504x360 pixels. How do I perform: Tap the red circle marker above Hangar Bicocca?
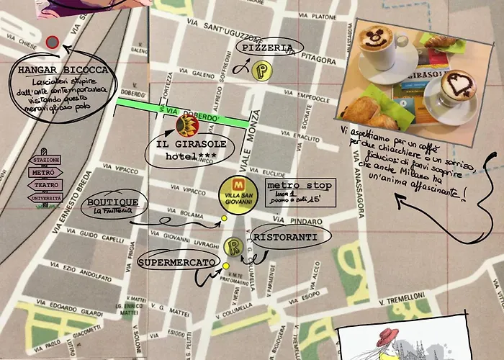(52, 42)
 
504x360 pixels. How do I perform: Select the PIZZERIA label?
(265, 48)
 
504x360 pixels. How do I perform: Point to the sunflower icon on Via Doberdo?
(186, 126)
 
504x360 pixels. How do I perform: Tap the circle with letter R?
(233, 245)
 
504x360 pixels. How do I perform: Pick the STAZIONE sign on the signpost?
(47, 160)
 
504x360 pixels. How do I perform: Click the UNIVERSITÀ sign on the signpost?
(45, 197)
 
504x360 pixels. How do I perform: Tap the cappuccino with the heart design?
(457, 89)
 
